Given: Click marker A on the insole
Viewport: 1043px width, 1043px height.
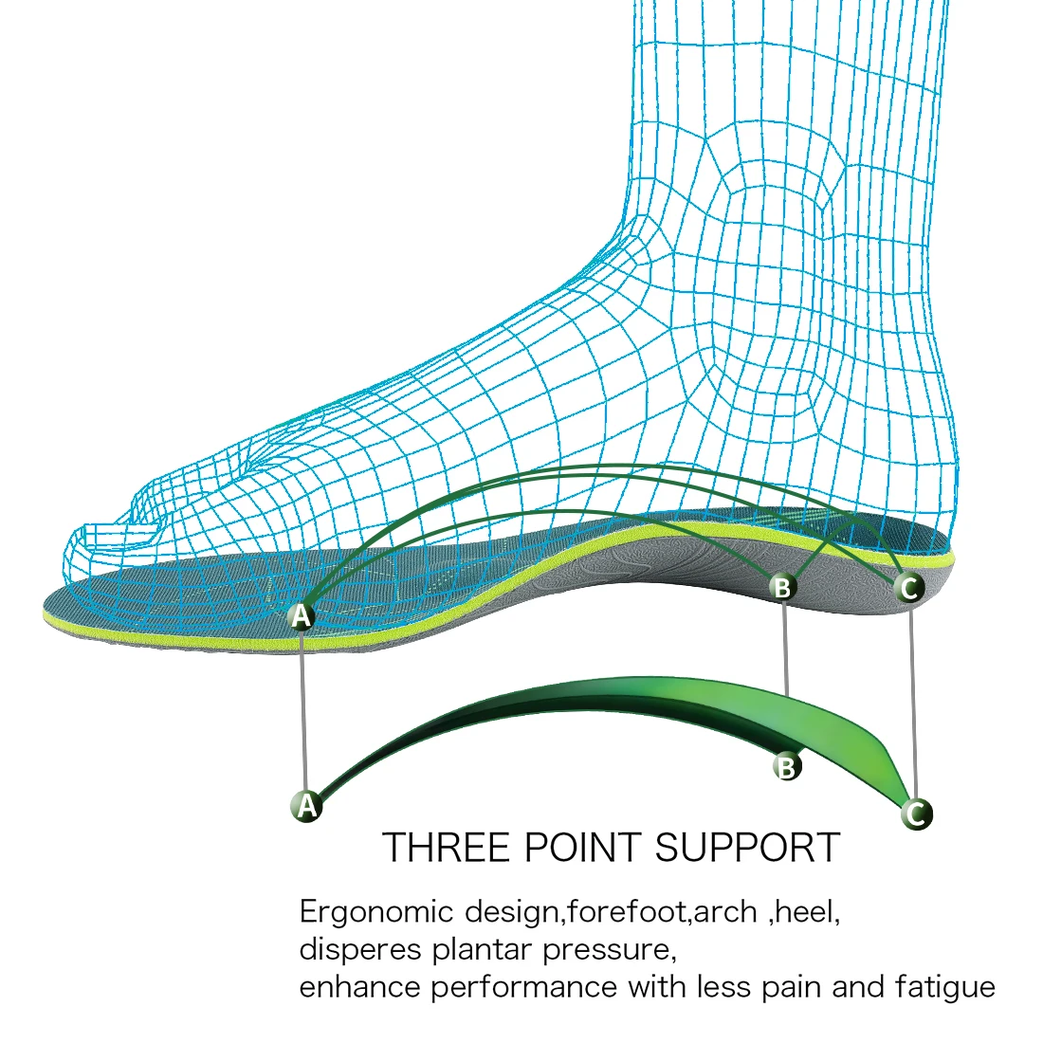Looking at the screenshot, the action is click(301, 616).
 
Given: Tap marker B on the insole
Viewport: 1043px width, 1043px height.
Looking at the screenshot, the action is click(782, 588).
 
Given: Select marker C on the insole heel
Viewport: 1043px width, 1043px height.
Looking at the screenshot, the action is click(909, 589).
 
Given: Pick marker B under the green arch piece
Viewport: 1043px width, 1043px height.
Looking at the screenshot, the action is click(786, 766).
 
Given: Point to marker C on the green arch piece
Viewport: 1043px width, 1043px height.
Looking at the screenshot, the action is click(916, 813).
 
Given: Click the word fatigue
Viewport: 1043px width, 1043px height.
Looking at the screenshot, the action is click(944, 987).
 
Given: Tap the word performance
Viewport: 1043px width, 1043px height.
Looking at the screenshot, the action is click(524, 987).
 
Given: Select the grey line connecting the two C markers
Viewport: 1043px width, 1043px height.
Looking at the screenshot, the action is click(912, 702).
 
